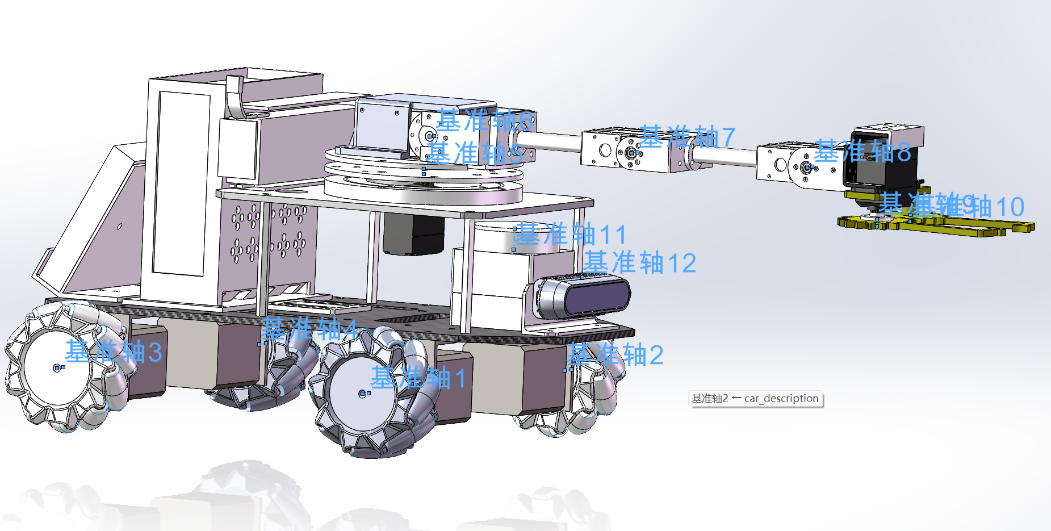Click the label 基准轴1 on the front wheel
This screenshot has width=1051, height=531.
click(418, 378)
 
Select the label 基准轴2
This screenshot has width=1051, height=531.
click(615, 355)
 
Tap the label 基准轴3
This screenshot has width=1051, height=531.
click(114, 352)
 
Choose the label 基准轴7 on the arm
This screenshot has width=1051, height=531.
click(687, 137)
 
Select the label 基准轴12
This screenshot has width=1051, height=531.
click(639, 263)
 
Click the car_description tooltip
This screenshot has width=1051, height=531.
click(755, 399)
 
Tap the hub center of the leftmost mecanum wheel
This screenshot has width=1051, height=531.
click(57, 368)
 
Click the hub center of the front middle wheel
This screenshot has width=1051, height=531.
click(362, 394)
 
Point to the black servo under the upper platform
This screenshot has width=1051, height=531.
click(413, 234)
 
